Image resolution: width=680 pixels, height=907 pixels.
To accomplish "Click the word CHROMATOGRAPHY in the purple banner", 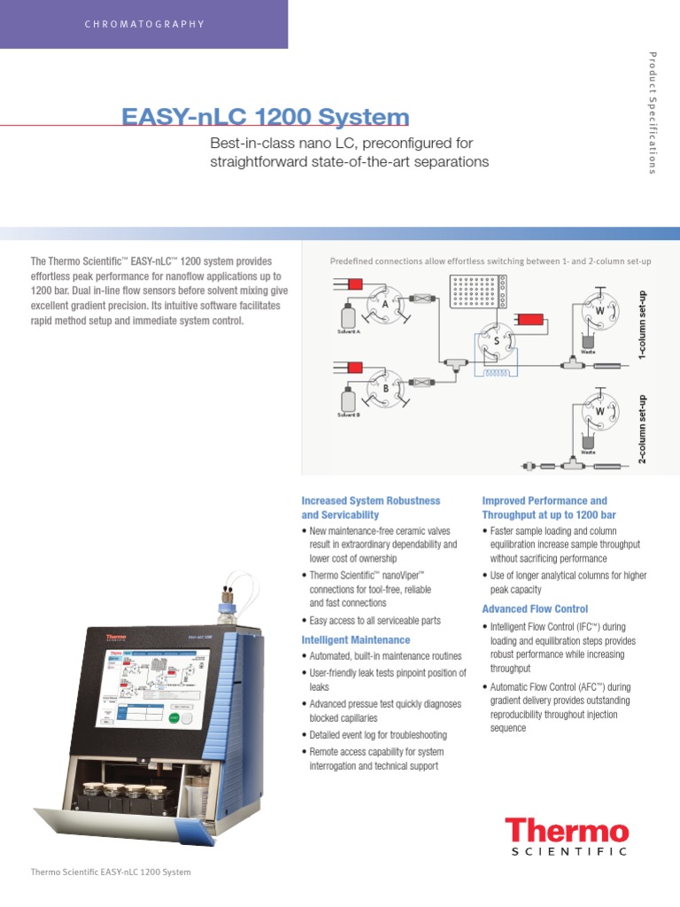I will click(x=144, y=24).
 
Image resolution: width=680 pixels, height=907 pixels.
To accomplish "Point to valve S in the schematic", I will click(x=495, y=341).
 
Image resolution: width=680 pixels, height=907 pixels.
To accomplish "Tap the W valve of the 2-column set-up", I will click(x=599, y=412).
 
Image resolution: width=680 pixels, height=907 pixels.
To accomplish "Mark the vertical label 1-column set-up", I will click(x=644, y=323).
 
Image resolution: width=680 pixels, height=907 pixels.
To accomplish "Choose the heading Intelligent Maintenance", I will click(x=356, y=640).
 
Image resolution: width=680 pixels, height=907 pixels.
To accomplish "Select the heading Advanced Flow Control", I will click(x=535, y=609).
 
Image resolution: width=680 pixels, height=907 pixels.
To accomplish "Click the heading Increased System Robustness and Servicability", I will click(x=371, y=508).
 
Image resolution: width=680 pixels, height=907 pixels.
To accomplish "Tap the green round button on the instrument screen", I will click(x=174, y=717).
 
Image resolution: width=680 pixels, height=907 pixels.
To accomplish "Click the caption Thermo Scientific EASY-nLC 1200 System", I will click(x=111, y=872).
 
